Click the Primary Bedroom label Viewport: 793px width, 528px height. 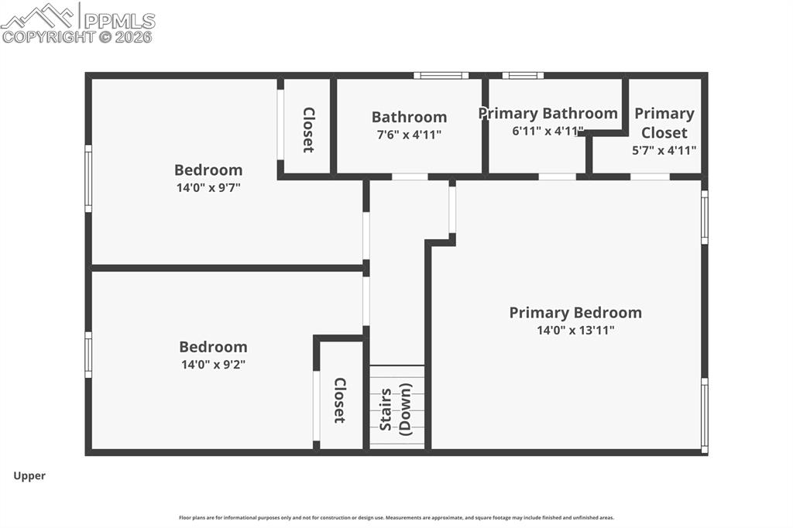(575, 313)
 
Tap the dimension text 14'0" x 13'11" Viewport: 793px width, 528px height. (575, 331)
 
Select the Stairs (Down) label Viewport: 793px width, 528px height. (396, 408)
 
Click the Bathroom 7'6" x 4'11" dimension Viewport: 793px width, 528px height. (409, 134)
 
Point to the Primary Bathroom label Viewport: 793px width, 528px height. (548, 114)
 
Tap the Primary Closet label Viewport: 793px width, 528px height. (664, 122)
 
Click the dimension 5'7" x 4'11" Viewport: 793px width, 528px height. (664, 150)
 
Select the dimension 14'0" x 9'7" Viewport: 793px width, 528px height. (208, 187)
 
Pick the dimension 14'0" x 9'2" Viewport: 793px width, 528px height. (213, 364)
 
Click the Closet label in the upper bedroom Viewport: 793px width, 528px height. (307, 129)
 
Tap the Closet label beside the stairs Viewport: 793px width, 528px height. (339, 399)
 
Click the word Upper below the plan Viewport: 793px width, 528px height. (29, 476)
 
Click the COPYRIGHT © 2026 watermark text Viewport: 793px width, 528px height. (77, 36)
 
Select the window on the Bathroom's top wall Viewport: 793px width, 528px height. (441, 76)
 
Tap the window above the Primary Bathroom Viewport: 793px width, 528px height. (522, 76)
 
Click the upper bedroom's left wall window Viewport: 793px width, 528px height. (88, 178)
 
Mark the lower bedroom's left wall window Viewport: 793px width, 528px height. (88, 355)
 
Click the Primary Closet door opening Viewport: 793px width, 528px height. (650, 177)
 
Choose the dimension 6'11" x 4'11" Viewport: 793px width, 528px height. (548, 131)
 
